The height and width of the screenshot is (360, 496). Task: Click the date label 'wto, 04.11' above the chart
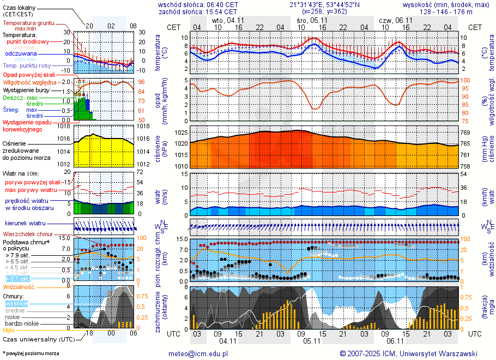[228, 20]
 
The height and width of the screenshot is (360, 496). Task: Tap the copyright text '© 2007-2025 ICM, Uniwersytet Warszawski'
[408, 353]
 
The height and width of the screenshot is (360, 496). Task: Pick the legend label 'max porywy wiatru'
[31, 190]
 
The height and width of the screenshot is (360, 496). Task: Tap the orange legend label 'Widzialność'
[19, 286]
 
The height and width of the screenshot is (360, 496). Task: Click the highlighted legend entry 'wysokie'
[16, 303]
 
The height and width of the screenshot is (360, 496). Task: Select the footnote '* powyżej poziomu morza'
[30, 353]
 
